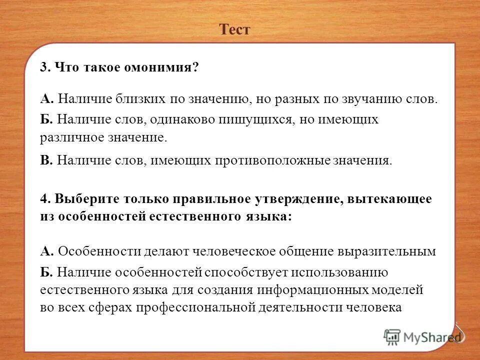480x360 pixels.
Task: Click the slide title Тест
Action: tap(234, 30)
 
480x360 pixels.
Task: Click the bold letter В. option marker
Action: tap(46, 160)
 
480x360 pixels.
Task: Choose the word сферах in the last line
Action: tap(100, 307)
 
